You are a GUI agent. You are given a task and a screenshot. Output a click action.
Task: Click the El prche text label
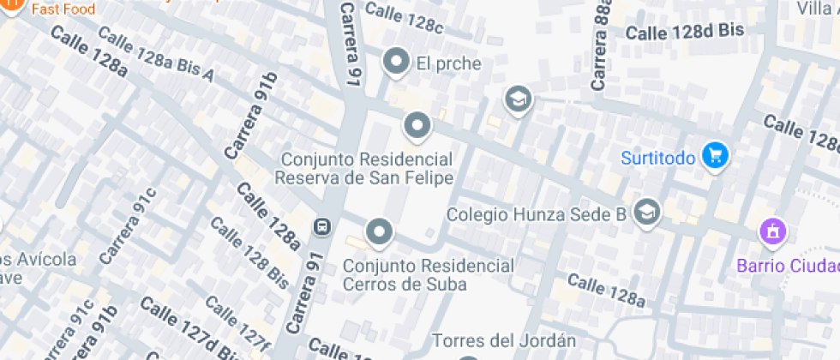pyautogui.click(x=448, y=63)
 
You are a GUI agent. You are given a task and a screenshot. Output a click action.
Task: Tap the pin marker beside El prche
pyautogui.click(x=396, y=62)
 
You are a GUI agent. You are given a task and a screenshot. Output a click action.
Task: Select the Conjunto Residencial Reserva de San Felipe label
pyautogui.click(x=363, y=169)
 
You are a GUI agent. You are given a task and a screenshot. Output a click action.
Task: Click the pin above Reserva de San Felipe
pyautogui.click(x=417, y=126)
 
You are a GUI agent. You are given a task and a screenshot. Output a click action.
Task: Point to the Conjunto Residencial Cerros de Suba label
pyautogui.click(x=429, y=275)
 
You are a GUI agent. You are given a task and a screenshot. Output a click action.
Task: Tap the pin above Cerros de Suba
pyautogui.click(x=379, y=231)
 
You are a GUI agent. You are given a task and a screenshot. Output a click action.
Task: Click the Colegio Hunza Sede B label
pyautogui.click(x=537, y=214)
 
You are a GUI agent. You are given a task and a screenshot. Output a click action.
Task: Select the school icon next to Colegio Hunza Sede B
pyautogui.click(x=647, y=212)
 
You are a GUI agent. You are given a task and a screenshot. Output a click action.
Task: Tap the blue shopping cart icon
pyautogui.click(x=715, y=156)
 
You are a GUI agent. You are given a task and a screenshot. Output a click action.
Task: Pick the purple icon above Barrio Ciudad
pyautogui.click(x=772, y=231)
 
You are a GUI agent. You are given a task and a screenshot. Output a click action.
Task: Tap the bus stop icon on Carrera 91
pyautogui.click(x=323, y=227)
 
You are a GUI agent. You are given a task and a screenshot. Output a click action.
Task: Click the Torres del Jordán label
pyautogui.click(x=498, y=341)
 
